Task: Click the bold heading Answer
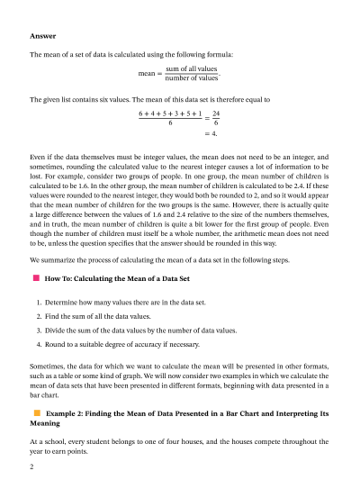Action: [x=43, y=36]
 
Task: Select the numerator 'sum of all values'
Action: [x=192, y=68]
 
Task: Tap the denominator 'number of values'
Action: [x=192, y=79]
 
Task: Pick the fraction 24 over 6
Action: [x=217, y=120]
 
